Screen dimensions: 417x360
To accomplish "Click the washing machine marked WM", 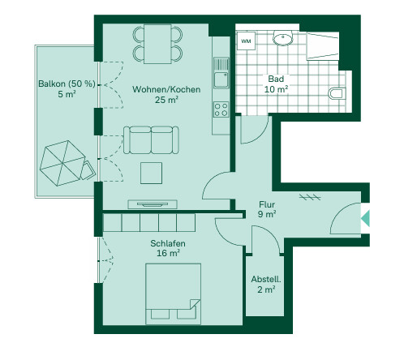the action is (246, 41).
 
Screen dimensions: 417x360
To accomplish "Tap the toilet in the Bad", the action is (337, 93).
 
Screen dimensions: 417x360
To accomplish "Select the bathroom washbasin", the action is (283, 38).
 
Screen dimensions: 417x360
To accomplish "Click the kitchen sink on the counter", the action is (221, 73).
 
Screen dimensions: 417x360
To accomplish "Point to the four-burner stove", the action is (221, 109).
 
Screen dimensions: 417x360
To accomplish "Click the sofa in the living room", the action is (151, 140).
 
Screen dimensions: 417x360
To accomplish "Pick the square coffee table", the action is (151, 173).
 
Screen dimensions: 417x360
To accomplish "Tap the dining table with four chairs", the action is (157, 44).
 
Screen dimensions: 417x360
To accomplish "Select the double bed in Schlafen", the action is (173, 294).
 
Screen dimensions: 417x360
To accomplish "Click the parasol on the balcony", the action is (62, 163).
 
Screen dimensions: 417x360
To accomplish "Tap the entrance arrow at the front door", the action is (365, 218).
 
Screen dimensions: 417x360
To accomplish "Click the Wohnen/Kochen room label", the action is (166, 89).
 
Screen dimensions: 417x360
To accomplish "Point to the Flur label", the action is (267, 204).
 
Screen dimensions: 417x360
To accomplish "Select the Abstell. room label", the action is (266, 279).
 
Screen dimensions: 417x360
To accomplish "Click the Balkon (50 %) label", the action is (67, 84).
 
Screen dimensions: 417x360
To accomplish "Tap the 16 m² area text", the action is (168, 253).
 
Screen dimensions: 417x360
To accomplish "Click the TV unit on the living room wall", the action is (153, 204).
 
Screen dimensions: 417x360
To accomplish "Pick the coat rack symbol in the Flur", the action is (310, 197).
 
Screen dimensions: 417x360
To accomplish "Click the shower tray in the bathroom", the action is (322, 46).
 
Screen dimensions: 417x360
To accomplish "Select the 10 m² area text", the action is (276, 89).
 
